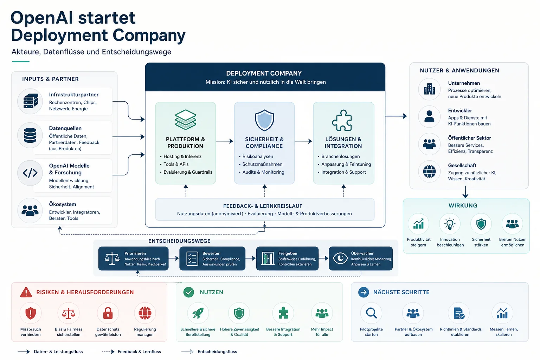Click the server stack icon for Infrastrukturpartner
pos(31,101)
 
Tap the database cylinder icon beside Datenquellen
pos(30,135)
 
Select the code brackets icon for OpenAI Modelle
pos(30,173)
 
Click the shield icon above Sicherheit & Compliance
pos(264,120)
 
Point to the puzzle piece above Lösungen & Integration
pos(342,120)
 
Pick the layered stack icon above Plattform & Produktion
pos(185,120)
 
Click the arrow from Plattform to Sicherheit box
pos(225,141)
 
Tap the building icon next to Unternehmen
pos(429,89)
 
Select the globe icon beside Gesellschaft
pos(429,172)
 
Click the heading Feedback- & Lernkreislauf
pos(263,206)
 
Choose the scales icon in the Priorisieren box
pos(112,258)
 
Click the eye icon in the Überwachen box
pos(340,258)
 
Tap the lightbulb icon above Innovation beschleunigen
pos(450,224)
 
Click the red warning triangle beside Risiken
pos(26,292)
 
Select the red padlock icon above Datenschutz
pos(108,313)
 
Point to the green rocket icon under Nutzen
pos(198,313)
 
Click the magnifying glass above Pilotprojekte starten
pos(371,313)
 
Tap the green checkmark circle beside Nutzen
pos(188,292)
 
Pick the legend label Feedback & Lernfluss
pos(139,352)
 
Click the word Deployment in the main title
pos(59,35)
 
